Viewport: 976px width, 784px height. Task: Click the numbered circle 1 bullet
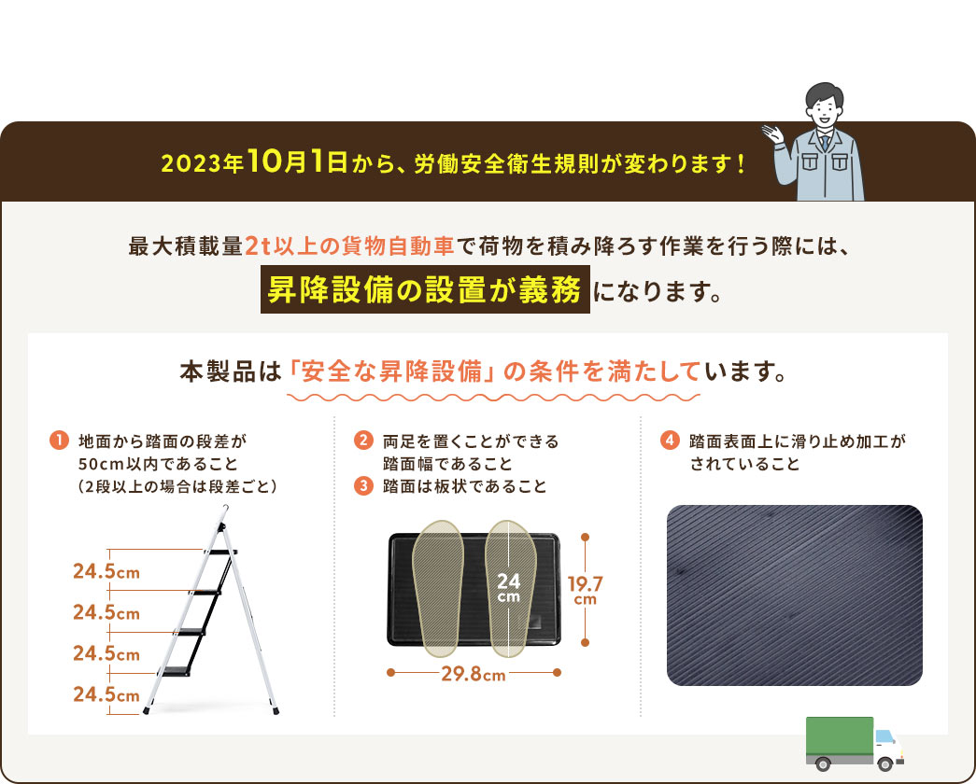59,441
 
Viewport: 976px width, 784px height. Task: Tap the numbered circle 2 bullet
363,441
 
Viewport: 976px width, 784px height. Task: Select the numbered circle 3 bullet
363,485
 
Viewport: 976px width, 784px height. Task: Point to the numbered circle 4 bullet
670,441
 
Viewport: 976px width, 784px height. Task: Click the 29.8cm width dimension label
474,674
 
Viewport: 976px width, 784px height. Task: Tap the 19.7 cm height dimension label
585,590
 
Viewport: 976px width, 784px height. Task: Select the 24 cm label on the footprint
508,587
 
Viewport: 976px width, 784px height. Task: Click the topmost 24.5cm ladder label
106,571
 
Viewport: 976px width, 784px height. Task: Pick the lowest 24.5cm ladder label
106,693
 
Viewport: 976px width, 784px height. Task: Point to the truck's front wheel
884,763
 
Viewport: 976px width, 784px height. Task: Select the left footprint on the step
438,589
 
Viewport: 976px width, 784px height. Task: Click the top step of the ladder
219,552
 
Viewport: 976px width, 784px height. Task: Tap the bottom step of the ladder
176,671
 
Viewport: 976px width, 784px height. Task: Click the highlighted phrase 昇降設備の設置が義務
425,289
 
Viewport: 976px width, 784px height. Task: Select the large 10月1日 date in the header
298,161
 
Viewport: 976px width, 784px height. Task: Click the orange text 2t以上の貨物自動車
350,246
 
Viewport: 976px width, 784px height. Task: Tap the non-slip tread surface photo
794,595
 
